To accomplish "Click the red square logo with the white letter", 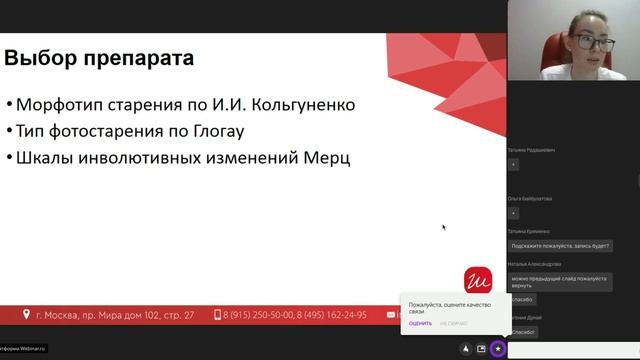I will click(x=478, y=280).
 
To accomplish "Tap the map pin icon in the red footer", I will click(x=26, y=314).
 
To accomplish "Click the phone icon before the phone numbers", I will click(x=218, y=314).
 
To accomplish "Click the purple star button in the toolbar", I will click(x=498, y=349).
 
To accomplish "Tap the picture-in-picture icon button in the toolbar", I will click(x=481, y=349).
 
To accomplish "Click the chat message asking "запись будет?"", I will click(x=560, y=245).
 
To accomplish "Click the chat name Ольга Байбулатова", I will click(x=529, y=199).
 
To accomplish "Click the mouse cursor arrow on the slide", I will click(x=443, y=227).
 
